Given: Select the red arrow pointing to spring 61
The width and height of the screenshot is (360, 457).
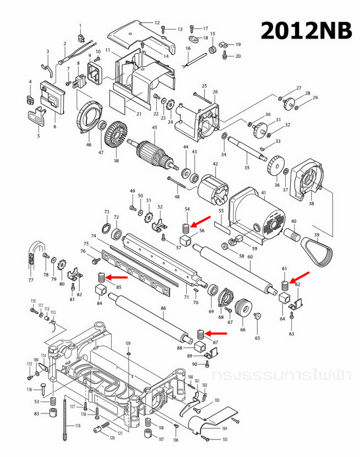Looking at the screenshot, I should (x=300, y=277).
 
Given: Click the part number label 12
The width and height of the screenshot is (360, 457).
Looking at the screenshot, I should (x=157, y=23).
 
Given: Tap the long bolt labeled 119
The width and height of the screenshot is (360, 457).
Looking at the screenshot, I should (x=65, y=417).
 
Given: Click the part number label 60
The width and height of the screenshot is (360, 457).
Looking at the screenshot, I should (x=250, y=257).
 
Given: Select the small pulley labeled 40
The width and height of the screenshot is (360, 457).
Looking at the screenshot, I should (x=293, y=235).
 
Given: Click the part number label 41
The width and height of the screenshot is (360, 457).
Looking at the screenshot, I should (x=263, y=193).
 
